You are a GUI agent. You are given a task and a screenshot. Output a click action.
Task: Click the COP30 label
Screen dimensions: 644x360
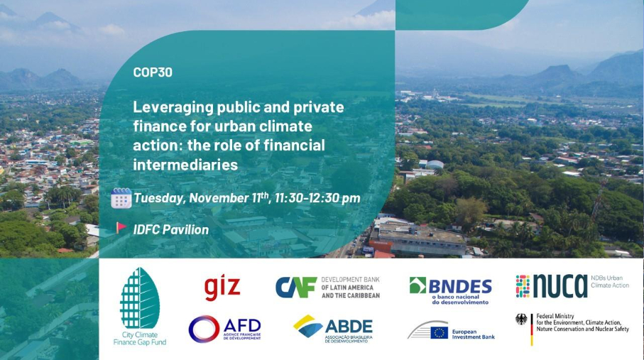pyautogui.click(x=153, y=72)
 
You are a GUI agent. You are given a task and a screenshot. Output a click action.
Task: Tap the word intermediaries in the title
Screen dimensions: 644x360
pyautogui.click(x=185, y=165)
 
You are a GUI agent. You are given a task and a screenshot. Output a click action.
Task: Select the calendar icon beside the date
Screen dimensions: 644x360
pyautogui.click(x=121, y=198)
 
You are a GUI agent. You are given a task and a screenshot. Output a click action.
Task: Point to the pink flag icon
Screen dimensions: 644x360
pyautogui.click(x=121, y=227)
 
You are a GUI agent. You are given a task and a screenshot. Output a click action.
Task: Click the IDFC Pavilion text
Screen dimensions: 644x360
pyautogui.click(x=171, y=230)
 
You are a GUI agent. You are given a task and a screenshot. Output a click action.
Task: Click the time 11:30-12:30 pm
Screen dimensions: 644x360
pyautogui.click(x=317, y=198)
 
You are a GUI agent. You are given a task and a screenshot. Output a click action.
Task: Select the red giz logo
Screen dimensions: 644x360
pyautogui.click(x=222, y=288)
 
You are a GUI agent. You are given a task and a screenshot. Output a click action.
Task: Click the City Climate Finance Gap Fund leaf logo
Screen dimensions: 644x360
pyautogui.click(x=140, y=306)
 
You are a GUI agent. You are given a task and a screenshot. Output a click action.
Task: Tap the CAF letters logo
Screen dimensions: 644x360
pyautogui.click(x=295, y=287)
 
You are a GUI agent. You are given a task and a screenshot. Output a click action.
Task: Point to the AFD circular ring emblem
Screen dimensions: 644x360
pyautogui.click(x=204, y=329)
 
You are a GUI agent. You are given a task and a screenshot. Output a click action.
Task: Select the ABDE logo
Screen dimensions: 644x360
pyautogui.click(x=333, y=329)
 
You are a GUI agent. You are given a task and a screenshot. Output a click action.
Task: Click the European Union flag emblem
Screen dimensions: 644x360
pyautogui.click(x=439, y=333)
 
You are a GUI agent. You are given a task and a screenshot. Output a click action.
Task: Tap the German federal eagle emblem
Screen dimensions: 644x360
pyautogui.click(x=521, y=320)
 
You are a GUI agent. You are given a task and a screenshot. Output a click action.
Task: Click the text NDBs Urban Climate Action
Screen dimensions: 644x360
pyautogui.click(x=609, y=281)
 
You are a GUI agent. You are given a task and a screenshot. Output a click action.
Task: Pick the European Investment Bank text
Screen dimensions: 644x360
pyautogui.click(x=473, y=334)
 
